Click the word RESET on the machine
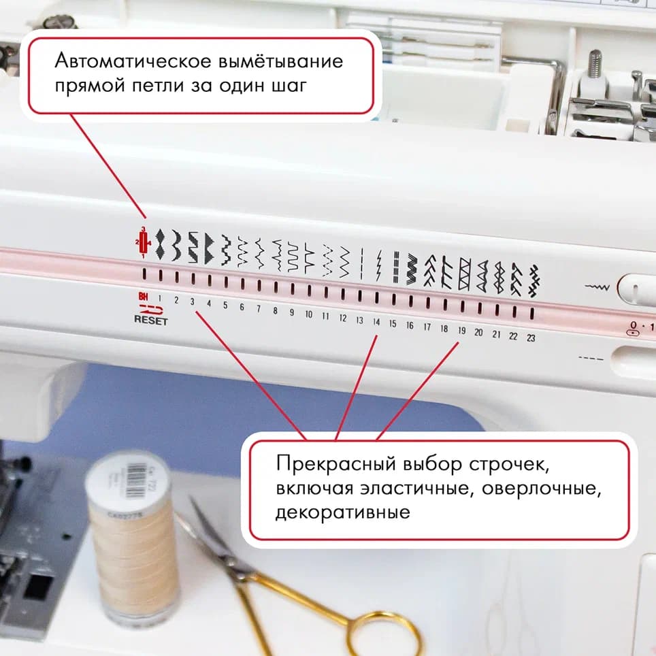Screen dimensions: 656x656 (x=150, y=321)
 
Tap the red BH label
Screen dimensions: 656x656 (x=143, y=297)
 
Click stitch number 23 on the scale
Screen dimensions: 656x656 (x=531, y=338)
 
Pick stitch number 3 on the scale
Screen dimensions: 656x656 (x=193, y=301)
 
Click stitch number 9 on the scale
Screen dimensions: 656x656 (x=292, y=312)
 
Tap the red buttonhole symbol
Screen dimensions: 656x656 (x=144, y=242)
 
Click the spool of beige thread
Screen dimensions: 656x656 (x=133, y=538)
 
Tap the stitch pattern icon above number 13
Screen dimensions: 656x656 (x=361, y=263)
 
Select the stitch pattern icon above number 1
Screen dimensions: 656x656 (x=160, y=245)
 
